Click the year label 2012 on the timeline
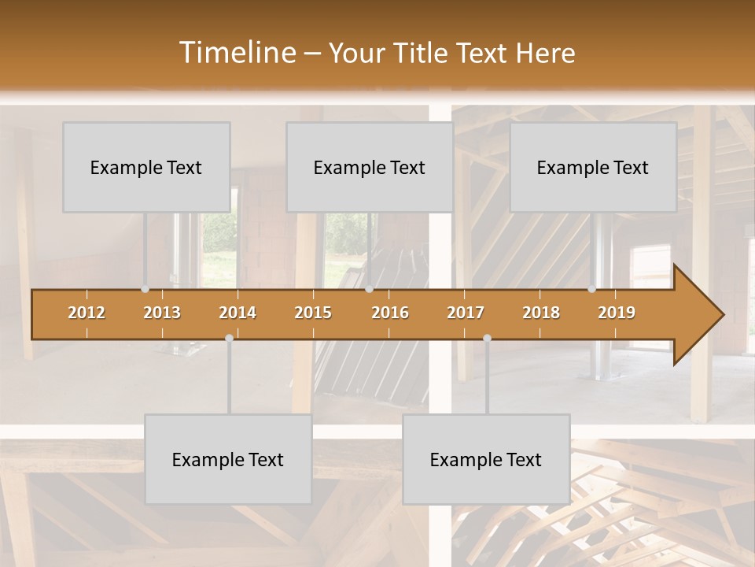(87, 313)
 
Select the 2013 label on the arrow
(162, 313)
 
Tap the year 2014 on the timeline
(238, 313)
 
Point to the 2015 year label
(313, 313)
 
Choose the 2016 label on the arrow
(390, 313)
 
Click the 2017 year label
(466, 313)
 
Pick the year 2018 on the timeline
(541, 313)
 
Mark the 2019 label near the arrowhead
(617, 313)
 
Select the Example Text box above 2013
(146, 167)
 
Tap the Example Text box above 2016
(369, 167)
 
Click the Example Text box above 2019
(593, 167)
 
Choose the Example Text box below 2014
(228, 459)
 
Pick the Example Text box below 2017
(486, 459)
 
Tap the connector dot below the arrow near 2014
(229, 338)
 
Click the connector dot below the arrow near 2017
(487, 338)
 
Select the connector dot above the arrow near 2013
(145, 289)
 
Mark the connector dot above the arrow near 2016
(369, 289)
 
